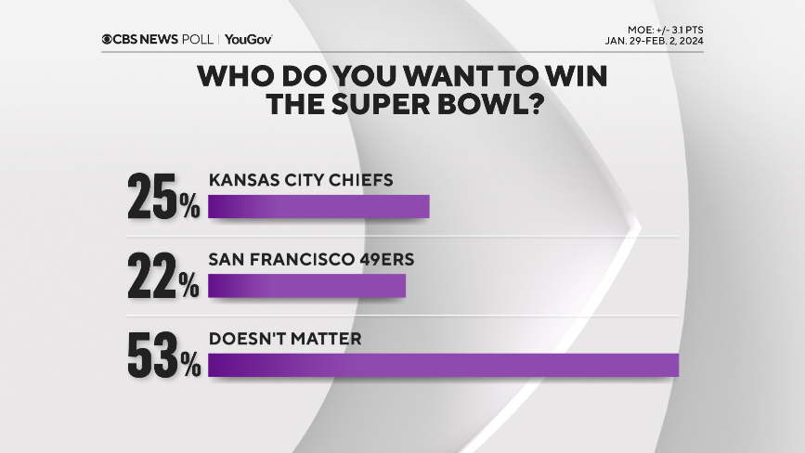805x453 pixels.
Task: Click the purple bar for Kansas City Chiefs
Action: [x=318, y=206]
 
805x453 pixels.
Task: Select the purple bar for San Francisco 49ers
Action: [x=307, y=286]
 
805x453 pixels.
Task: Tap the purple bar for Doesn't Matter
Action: [x=444, y=365]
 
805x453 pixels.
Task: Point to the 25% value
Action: [x=164, y=195]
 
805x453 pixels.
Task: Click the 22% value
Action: [x=164, y=275]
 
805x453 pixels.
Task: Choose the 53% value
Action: [x=164, y=354]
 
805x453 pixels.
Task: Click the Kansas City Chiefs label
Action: [x=302, y=180]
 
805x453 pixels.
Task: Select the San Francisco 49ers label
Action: [x=312, y=259]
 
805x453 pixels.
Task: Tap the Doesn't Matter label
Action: [x=286, y=339]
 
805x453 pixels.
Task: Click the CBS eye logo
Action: [x=108, y=39]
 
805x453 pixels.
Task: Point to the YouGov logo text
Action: [x=249, y=39]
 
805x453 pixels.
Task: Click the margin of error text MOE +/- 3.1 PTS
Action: [x=664, y=31]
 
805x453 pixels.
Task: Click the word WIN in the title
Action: [x=573, y=76]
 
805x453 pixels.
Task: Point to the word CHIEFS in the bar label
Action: [x=359, y=180]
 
